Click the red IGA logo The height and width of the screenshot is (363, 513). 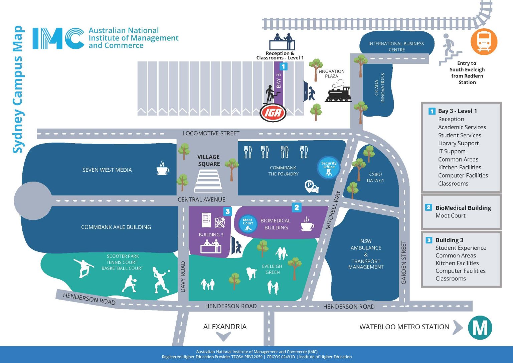(273, 113)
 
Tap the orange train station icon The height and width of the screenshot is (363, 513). (484, 42)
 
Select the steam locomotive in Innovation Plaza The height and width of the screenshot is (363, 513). (338, 93)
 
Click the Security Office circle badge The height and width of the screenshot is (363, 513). (329, 168)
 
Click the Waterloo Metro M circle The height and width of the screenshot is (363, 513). (480, 328)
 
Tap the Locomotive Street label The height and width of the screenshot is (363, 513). (211, 133)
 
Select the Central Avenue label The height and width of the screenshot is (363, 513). (201, 199)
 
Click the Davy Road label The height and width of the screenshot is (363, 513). (183, 277)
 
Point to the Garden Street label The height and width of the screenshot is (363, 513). (404, 262)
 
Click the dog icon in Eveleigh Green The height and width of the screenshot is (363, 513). (251, 272)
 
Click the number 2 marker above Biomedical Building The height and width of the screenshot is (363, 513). (297, 207)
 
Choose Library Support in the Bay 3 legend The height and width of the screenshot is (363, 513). (458, 143)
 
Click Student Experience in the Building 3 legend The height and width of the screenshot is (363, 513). (461, 248)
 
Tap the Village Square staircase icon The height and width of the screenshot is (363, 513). (208, 181)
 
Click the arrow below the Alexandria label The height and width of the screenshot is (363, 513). (223, 336)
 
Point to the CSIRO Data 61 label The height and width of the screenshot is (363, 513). (375, 177)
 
